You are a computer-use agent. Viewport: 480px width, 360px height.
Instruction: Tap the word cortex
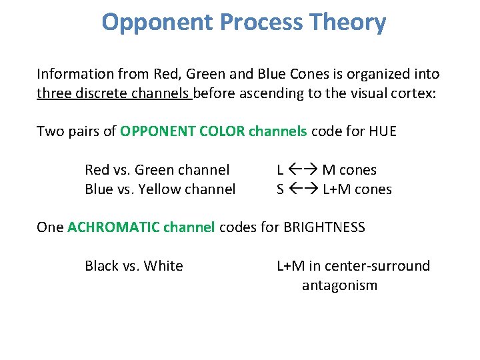point(413,93)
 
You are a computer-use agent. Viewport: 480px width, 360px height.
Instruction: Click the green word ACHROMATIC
point(113,227)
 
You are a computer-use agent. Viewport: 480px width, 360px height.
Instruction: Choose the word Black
point(102,266)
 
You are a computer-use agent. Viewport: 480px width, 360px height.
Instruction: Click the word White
point(163,266)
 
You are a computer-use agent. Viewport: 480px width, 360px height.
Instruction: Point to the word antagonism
point(339,285)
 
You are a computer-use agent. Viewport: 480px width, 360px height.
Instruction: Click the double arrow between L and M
point(303,171)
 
